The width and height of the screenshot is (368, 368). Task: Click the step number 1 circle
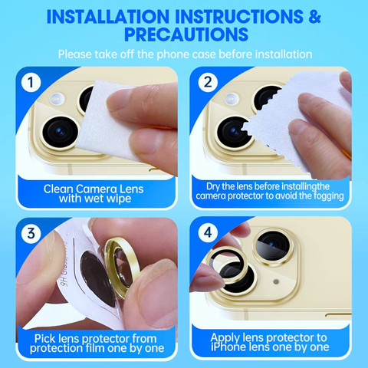(31, 82)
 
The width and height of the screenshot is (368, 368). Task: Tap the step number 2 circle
(208, 82)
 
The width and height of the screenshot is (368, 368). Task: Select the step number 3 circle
(31, 233)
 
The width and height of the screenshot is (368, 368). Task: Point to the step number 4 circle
(208, 232)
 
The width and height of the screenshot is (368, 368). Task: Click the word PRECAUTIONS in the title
(186, 34)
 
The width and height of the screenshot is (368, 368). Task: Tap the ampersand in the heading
(314, 16)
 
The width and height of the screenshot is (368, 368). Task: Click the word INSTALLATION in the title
(108, 16)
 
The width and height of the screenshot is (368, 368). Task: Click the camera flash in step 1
(57, 99)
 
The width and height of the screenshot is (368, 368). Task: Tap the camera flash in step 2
(232, 99)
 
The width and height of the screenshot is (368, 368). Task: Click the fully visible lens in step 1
(61, 132)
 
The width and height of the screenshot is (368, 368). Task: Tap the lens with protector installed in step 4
(273, 247)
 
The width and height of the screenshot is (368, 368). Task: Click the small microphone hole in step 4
(276, 281)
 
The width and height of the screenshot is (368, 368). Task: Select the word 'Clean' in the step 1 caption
(58, 189)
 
